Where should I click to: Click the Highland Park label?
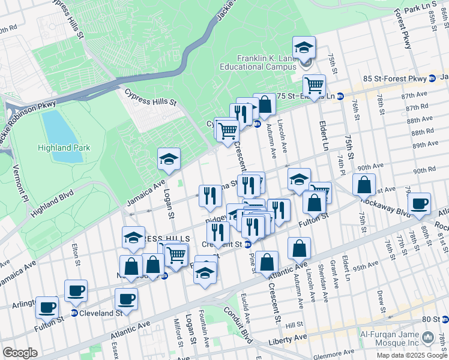[63, 148]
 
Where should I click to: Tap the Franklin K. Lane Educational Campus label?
[264, 62]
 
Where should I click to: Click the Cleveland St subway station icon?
[74, 313]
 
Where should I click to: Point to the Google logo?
[20, 353]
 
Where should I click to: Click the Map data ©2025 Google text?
[411, 355]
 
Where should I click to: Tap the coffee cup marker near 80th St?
[419, 203]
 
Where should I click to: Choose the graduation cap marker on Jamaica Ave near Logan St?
[169, 158]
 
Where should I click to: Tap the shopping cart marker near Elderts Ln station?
[314, 85]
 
